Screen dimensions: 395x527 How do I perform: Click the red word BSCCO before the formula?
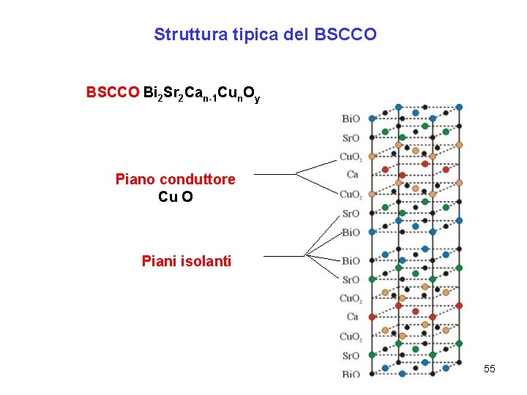(113, 93)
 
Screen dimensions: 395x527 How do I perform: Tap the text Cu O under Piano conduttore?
(176, 197)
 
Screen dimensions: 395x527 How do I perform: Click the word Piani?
(159, 260)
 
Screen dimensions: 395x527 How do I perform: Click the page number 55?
(490, 369)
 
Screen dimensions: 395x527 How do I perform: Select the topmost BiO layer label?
(351, 118)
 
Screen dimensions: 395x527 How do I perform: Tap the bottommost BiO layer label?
(351, 375)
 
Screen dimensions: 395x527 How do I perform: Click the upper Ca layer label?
(352, 175)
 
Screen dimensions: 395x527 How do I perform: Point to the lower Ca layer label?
(352, 317)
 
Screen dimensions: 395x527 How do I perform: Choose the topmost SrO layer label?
(351, 138)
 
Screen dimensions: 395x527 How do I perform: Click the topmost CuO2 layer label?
(350, 157)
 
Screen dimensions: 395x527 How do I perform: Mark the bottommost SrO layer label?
(351, 355)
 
